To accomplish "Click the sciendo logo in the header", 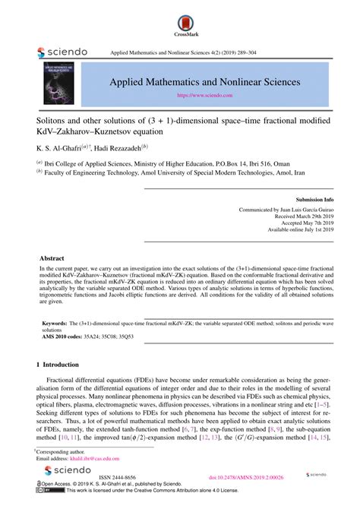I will [62, 52].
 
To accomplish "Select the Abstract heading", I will [52, 258].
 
